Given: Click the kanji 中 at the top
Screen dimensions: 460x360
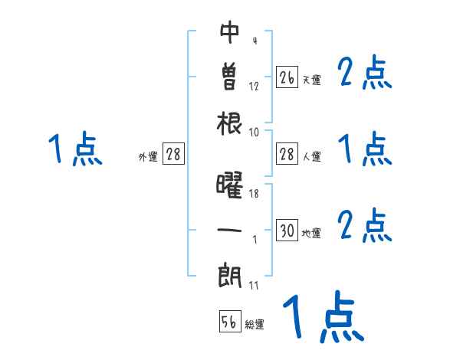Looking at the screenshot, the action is [230, 33].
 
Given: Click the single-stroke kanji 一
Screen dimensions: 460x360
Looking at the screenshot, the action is [230, 229].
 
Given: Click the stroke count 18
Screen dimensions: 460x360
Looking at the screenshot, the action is [254, 194].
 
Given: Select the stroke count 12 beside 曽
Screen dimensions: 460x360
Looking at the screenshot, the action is [254, 86].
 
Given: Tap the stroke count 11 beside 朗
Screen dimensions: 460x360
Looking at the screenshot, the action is [254, 286].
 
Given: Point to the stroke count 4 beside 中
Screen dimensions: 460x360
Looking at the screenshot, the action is [254, 41].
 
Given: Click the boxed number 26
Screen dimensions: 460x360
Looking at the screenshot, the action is [287, 77].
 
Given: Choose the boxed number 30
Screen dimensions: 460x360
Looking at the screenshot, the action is [287, 231].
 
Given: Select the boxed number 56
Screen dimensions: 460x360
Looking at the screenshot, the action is [229, 322].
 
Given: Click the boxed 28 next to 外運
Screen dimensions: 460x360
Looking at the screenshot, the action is [173, 155].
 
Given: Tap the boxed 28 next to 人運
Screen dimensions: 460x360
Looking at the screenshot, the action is [287, 155].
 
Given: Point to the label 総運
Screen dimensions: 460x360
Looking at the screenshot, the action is [255, 325].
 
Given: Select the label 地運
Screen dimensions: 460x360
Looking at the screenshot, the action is [311, 233].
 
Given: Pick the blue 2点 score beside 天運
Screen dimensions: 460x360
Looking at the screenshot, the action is [364, 74].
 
